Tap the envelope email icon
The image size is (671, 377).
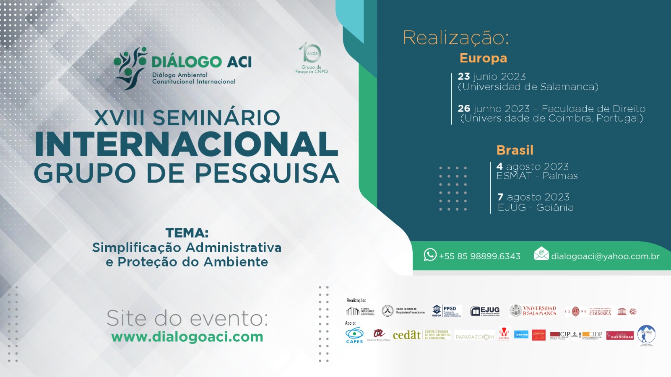(x=541, y=253)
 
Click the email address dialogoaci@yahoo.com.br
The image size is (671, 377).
(x=605, y=256)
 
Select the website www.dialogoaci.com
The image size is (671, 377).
(x=187, y=337)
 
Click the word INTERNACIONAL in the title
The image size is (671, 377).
(x=187, y=145)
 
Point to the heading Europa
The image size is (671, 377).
(x=483, y=58)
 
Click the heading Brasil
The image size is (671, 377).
(x=515, y=150)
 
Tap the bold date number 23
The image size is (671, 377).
(x=463, y=77)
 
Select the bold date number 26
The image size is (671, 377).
(x=463, y=108)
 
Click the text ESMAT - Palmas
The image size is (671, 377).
(x=537, y=176)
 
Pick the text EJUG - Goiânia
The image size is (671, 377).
(x=536, y=207)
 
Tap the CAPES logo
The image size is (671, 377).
(x=354, y=335)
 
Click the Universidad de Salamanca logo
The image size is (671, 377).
(x=533, y=311)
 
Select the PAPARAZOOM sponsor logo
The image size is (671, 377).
(x=474, y=337)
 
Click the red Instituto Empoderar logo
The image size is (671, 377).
(x=620, y=336)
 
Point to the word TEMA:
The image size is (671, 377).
(x=187, y=233)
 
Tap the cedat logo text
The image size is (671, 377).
(x=406, y=335)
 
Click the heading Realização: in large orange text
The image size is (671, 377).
(x=456, y=38)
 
